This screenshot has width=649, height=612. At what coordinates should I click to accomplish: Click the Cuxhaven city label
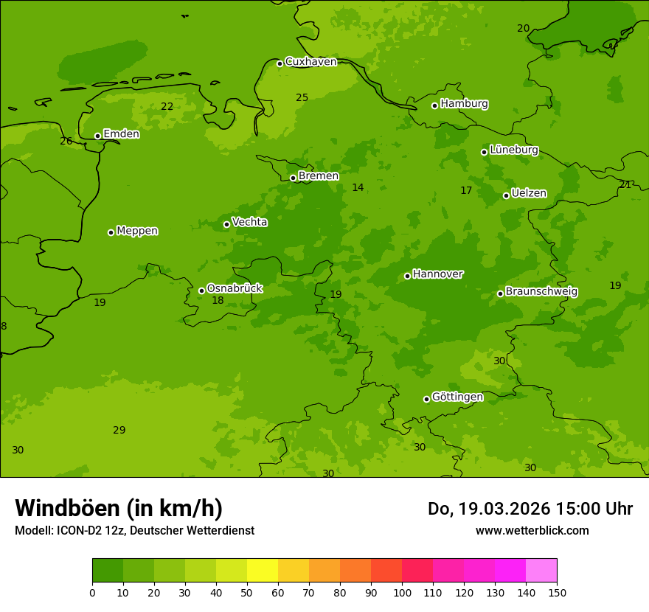point(310,62)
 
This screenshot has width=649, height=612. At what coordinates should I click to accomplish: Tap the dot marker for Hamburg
point(434,105)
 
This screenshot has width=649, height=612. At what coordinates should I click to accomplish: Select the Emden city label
point(121,134)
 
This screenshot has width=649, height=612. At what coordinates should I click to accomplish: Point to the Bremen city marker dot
point(293,178)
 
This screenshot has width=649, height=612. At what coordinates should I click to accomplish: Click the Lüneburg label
point(513,150)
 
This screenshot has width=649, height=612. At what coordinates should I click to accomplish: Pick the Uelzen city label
point(529,193)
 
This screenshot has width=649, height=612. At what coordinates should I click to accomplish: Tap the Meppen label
point(137,231)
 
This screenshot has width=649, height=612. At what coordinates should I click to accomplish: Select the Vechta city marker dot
point(226,224)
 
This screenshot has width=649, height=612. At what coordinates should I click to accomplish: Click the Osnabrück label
point(235,288)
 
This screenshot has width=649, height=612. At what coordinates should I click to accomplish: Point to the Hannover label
point(437,274)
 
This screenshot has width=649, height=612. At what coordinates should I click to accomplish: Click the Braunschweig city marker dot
point(500,293)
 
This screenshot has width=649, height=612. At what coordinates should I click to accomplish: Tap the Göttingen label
point(457,397)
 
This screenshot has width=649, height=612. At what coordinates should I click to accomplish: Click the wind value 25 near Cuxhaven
point(302,97)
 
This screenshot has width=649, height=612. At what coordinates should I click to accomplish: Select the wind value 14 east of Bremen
point(358,188)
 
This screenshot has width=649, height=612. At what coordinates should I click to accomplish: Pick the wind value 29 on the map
point(119,430)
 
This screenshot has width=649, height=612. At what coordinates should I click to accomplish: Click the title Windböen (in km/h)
point(119,508)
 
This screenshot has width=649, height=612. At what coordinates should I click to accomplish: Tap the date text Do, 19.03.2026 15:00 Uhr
point(530,509)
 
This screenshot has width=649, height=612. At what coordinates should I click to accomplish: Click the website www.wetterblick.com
point(532,531)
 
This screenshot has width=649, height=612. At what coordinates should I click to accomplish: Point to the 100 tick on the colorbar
point(402,592)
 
